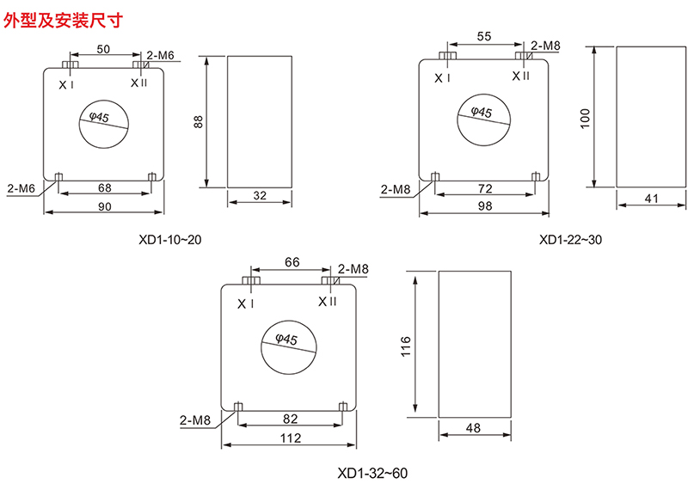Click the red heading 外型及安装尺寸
[63, 20]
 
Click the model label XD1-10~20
[169, 240]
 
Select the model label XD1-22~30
[570, 240]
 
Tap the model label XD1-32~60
[372, 474]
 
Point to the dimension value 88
[199, 121]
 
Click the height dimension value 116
[406, 346]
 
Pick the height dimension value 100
[585, 119]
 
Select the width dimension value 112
[291, 438]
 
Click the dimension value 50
[103, 49]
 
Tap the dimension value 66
[292, 262]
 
